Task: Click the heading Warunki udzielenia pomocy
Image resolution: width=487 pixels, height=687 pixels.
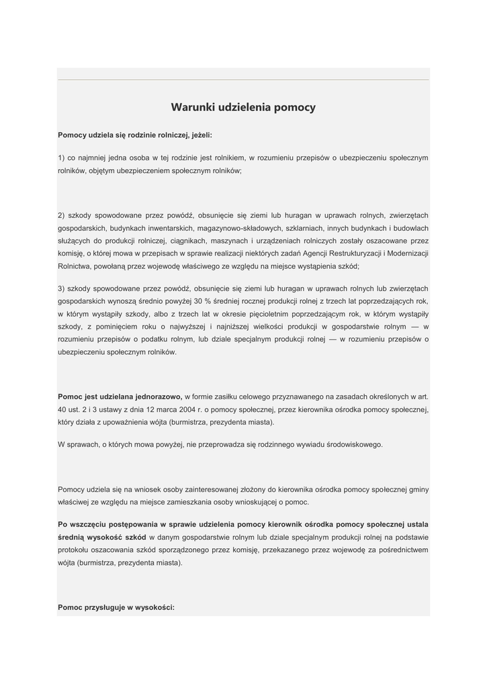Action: point(243,107)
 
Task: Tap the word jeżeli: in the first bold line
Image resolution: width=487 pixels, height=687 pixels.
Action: point(200,135)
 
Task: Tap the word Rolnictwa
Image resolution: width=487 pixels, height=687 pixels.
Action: point(75,266)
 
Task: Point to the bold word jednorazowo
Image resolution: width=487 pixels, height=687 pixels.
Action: point(159,397)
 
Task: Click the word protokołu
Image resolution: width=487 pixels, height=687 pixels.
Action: point(75,550)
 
